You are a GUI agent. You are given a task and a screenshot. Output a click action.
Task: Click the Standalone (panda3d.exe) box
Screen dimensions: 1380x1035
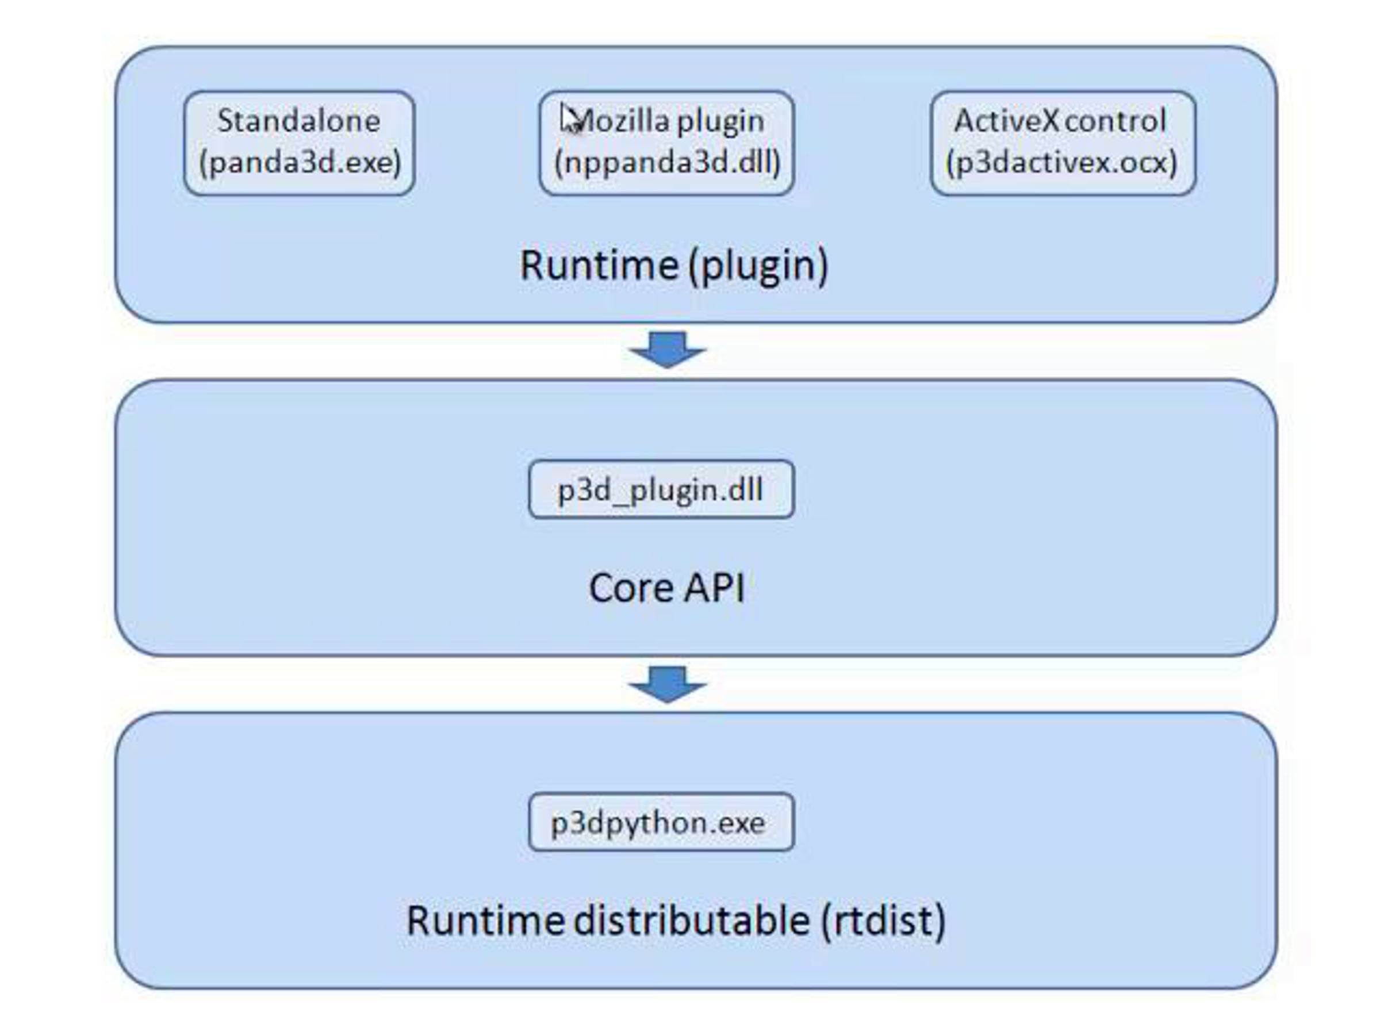pos(300,143)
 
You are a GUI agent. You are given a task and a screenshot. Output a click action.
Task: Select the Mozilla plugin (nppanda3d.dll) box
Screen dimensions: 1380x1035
pos(666,143)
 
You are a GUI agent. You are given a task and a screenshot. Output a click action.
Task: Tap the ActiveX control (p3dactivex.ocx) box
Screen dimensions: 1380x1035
pos(1063,143)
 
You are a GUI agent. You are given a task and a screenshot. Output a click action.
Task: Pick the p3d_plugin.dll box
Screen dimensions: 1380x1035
pos(661,489)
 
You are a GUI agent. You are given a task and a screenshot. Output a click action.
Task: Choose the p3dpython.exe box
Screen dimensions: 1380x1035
pos(661,822)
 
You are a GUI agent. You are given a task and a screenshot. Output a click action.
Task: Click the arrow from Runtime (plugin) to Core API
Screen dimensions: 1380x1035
pos(667,350)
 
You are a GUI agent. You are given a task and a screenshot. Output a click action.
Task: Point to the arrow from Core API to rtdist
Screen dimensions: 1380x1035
pos(667,684)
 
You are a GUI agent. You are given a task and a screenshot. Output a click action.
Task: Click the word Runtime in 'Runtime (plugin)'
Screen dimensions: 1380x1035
pos(600,265)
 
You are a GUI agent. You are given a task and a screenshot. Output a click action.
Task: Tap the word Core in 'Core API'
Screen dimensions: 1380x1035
pos(631,588)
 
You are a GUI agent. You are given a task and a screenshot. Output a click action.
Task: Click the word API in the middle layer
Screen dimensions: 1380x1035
pos(714,588)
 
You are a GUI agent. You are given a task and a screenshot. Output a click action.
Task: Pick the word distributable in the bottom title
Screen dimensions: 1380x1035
pos(691,920)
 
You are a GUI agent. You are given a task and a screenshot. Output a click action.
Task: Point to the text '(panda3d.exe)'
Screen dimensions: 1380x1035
pos(300,163)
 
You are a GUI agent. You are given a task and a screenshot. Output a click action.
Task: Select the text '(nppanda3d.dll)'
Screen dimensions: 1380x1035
pos(667,163)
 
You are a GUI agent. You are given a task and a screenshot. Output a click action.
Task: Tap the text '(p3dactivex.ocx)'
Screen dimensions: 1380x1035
pos(1061,163)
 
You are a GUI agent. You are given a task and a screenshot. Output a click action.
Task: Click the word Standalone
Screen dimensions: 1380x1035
pos(299,120)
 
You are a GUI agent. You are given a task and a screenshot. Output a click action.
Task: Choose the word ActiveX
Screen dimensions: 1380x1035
pos(1007,120)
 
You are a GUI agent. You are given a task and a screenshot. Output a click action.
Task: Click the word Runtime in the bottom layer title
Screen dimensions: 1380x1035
pos(486,920)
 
